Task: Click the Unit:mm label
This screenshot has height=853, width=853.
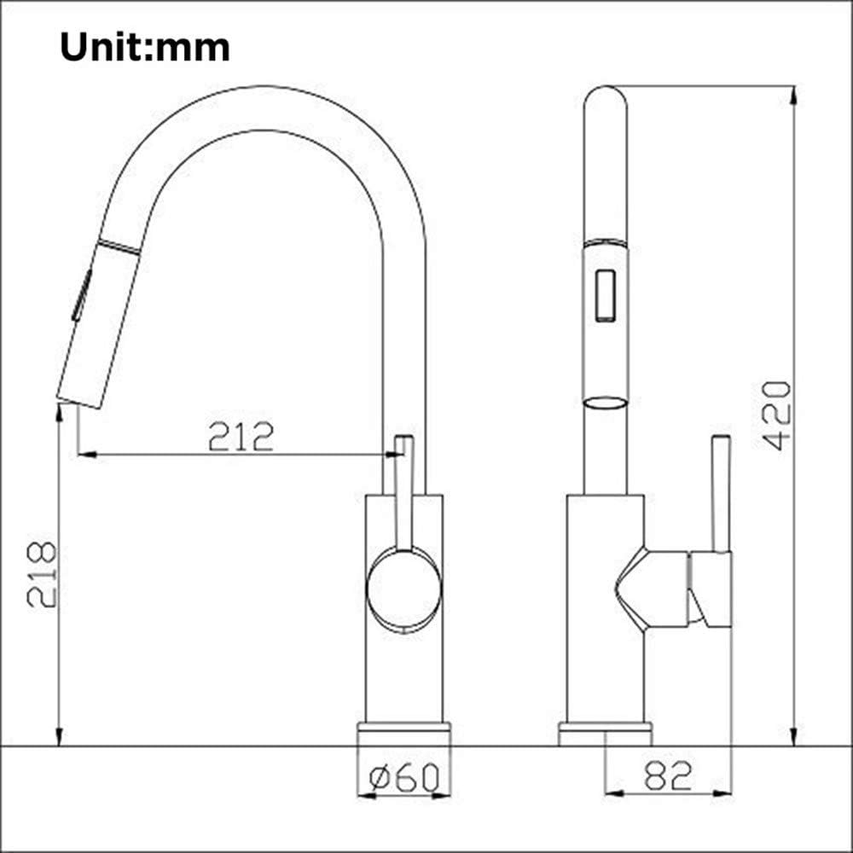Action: [x=144, y=48]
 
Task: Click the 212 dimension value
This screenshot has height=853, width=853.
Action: [x=241, y=437]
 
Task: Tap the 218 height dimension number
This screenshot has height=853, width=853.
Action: [x=42, y=574]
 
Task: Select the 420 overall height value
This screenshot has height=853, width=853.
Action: [x=776, y=415]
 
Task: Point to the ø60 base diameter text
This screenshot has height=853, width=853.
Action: [x=404, y=777]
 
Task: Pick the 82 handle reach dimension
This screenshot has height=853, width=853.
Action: [x=668, y=775]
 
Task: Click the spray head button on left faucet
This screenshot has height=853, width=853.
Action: [x=81, y=295]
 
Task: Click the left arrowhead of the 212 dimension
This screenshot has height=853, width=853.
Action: [x=84, y=455]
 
